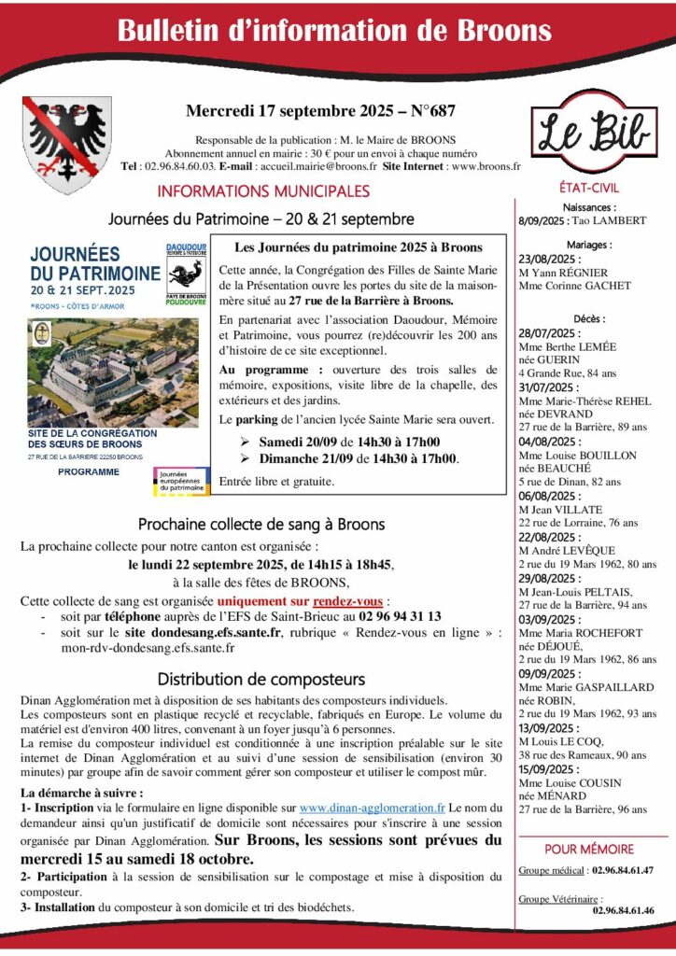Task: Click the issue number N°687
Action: [431, 111]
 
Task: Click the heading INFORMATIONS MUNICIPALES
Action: [263, 191]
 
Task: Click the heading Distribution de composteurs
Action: [261, 679]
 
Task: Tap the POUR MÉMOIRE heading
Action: [588, 849]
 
